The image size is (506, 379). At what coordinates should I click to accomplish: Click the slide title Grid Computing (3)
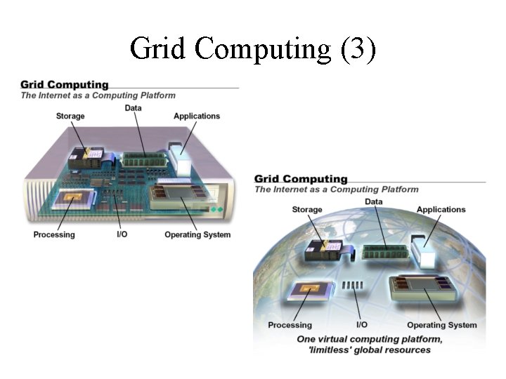click(x=253, y=48)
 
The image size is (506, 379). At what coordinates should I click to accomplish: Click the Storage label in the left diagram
click(x=70, y=117)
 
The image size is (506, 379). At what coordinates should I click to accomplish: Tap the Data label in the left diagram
click(x=133, y=108)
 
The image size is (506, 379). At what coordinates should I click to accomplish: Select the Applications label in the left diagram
click(x=197, y=117)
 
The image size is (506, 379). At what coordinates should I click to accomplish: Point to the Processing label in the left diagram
click(x=53, y=234)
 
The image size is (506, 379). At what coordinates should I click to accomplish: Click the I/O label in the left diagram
click(x=122, y=234)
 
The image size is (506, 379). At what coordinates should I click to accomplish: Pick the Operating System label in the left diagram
click(x=197, y=234)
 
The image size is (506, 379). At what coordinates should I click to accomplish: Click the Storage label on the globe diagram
click(x=307, y=210)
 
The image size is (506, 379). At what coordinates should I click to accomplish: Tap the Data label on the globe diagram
click(x=374, y=202)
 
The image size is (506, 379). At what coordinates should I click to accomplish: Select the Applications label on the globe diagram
click(x=441, y=210)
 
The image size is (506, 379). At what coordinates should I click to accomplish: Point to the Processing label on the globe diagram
click(x=290, y=325)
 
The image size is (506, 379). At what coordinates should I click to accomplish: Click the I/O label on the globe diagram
click(x=362, y=325)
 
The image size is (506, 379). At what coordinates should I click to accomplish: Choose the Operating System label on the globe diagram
click(x=441, y=325)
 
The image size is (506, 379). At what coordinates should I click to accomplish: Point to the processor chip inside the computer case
click(x=71, y=200)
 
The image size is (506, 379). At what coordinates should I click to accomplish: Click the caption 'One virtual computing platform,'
click(x=369, y=340)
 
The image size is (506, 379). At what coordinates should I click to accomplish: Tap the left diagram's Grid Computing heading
click(x=64, y=85)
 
